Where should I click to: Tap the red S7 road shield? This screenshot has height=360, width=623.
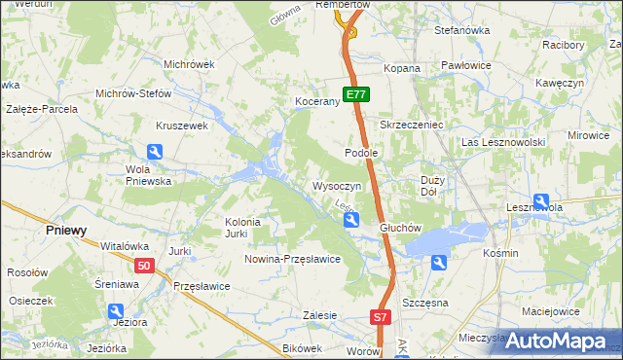point(381,317)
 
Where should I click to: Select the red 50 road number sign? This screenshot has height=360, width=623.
point(144,266)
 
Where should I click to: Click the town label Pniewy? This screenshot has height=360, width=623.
point(66,231)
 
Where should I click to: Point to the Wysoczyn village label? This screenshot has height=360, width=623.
point(338,185)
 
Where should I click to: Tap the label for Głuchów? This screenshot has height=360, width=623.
point(399,229)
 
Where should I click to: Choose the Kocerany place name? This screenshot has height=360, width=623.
point(316,101)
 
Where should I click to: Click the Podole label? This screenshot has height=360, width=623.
point(361,154)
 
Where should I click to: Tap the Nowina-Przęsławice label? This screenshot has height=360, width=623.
point(292,259)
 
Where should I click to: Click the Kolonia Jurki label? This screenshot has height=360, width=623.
point(242,228)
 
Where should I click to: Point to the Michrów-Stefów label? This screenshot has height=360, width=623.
point(133,94)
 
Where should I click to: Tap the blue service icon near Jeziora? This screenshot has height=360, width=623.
point(115,310)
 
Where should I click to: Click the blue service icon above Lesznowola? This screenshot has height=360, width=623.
point(568,200)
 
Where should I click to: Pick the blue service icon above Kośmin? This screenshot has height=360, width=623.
point(439,263)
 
